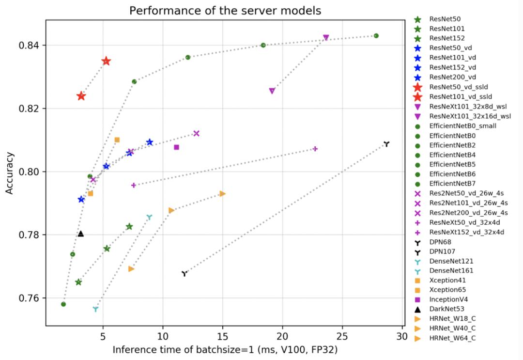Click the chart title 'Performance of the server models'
(225, 10)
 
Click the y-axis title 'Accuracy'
(9, 173)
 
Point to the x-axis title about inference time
(226, 349)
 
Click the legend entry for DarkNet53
(445, 309)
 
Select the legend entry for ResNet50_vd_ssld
(450, 87)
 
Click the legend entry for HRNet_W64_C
(452, 338)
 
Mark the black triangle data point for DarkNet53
(81, 234)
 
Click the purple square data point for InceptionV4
(176, 147)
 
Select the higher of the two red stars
(106, 61)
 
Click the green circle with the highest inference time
(376, 36)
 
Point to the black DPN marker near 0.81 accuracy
(386, 144)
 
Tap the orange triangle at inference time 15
(222, 194)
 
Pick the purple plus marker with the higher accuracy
(315, 149)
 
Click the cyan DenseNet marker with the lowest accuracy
(95, 309)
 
